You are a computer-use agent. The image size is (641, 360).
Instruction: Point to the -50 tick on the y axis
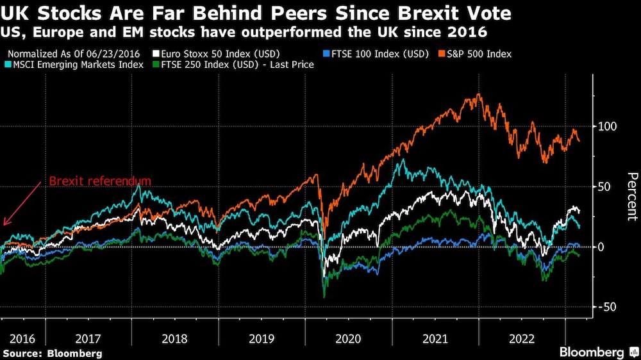pos(608,307)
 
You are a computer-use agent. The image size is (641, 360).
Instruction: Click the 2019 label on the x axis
pos(262,338)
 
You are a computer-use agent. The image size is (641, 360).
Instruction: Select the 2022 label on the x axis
pos(521,338)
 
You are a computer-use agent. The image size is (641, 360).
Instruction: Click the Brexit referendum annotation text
pos(100,181)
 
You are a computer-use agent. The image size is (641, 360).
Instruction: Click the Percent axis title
pos(631,196)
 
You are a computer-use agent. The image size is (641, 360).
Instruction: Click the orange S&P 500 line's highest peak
pos(478,95)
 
